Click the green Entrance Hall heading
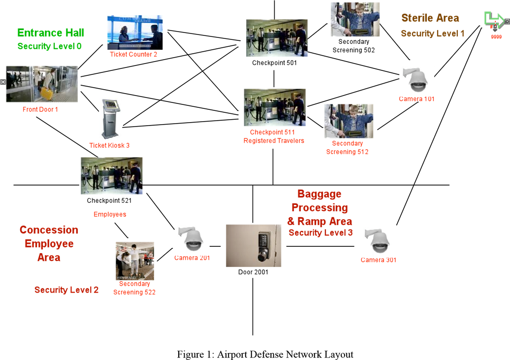coord(50,33)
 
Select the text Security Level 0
coord(49,46)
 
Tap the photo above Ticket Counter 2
coord(135,32)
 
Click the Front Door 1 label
coord(40,109)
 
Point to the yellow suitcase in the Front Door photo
coord(47,93)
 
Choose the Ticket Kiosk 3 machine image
coord(110,119)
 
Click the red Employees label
coord(110,215)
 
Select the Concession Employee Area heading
coord(49,244)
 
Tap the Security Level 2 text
coord(66,290)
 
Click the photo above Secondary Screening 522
coord(134,261)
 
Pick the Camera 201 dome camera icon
coord(192,239)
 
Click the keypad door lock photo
coord(254,246)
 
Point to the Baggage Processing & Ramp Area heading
coord(319,207)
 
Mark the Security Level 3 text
coord(320,233)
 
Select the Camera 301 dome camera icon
coord(378,242)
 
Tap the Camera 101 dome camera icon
coord(416,81)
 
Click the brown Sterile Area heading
coord(430,18)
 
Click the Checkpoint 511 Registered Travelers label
coord(274,136)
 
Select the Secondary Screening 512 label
coord(347,148)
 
